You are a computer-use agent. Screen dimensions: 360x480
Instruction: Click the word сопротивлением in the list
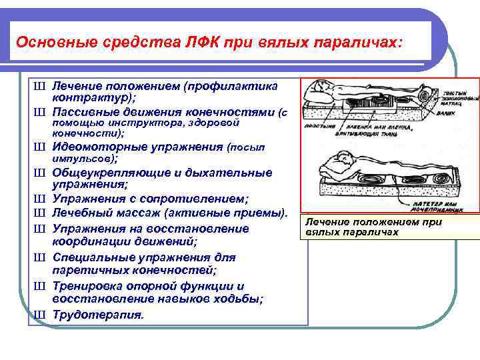(x=193, y=199)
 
